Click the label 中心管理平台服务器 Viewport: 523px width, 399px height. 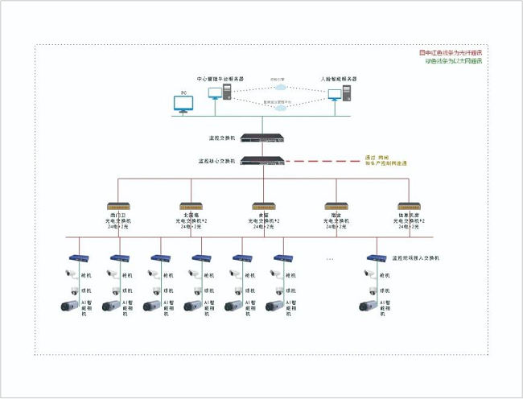click(220, 79)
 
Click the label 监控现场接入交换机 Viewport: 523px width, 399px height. click(415, 258)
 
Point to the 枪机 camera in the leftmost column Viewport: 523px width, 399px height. click(72, 274)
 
